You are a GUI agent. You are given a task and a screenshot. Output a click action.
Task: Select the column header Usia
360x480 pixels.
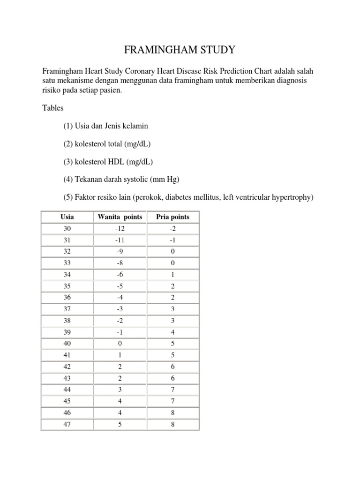[x=67, y=217]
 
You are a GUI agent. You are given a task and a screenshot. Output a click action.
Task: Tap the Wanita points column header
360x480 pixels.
[x=120, y=217]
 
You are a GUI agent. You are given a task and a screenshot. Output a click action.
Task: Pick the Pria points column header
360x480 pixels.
[x=173, y=217]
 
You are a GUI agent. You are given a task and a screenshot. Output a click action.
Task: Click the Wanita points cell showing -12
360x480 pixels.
[x=120, y=228]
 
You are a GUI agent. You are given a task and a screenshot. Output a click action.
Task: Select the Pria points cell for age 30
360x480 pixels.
[x=173, y=228]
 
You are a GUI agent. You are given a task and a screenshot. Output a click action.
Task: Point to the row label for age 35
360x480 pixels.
[x=67, y=286]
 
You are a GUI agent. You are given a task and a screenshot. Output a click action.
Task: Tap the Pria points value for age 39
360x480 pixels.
[x=173, y=332]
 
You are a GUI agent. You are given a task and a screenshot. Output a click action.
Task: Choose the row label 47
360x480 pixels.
[x=67, y=425]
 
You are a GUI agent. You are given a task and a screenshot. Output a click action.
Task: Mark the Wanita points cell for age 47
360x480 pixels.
[x=120, y=425]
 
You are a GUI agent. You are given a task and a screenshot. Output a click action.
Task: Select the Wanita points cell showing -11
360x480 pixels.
[x=120, y=240]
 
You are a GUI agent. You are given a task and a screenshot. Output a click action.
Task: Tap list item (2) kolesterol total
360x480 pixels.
[x=107, y=144]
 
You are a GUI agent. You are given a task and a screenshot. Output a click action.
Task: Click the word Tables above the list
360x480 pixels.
[x=52, y=108]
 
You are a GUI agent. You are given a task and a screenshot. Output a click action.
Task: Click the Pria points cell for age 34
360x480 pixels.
[x=173, y=275]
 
